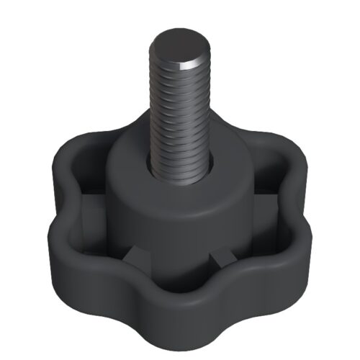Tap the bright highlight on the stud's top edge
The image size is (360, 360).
[x=193, y=64]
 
